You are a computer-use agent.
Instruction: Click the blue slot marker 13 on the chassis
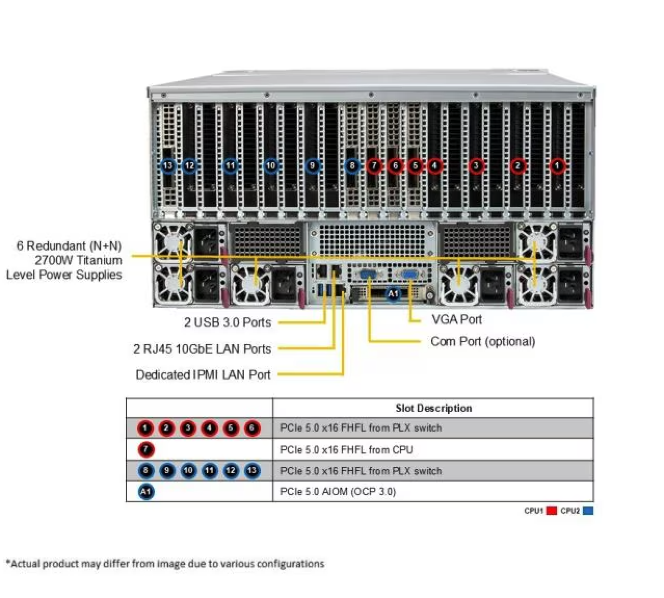click(x=168, y=165)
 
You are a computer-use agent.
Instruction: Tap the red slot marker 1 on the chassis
click(x=557, y=165)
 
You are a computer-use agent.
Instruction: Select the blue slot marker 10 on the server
click(x=271, y=165)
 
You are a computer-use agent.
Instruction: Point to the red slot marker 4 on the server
click(x=435, y=165)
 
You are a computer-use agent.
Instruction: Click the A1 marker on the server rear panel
click(x=393, y=293)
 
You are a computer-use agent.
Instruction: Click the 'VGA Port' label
click(x=457, y=319)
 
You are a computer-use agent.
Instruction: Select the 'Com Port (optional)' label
click(x=483, y=342)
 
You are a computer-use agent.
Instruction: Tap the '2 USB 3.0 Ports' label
click(x=228, y=322)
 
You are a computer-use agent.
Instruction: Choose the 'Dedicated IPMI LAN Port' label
click(x=203, y=375)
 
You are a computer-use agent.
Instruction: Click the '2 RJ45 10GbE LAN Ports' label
click(x=202, y=349)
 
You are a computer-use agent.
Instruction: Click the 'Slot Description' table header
click(x=434, y=408)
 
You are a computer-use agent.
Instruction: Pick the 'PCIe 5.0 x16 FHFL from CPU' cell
click(x=346, y=450)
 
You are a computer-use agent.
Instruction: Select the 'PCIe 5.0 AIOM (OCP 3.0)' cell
click(x=338, y=491)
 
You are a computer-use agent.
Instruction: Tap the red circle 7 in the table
click(x=145, y=450)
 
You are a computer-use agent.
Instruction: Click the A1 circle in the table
click(x=145, y=491)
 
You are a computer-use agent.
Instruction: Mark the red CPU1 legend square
click(x=551, y=511)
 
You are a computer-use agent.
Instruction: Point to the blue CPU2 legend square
click(x=588, y=511)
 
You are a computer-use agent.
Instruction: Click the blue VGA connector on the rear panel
click(x=410, y=275)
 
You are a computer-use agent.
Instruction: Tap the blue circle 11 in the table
click(x=209, y=471)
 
